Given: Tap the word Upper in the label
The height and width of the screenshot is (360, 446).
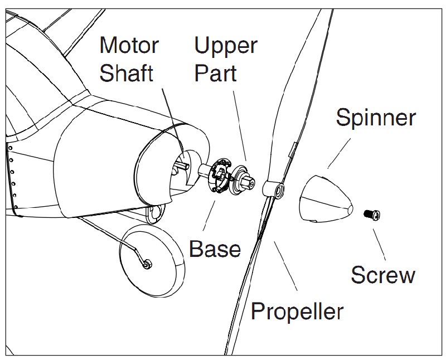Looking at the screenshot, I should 226,45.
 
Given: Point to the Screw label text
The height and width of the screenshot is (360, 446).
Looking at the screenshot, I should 383,275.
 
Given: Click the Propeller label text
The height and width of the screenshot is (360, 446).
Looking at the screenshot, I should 297,310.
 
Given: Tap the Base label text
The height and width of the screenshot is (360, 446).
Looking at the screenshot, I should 215,248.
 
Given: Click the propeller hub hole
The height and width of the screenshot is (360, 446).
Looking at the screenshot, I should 277,191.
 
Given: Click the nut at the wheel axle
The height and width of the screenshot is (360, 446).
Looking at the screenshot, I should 147,263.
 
